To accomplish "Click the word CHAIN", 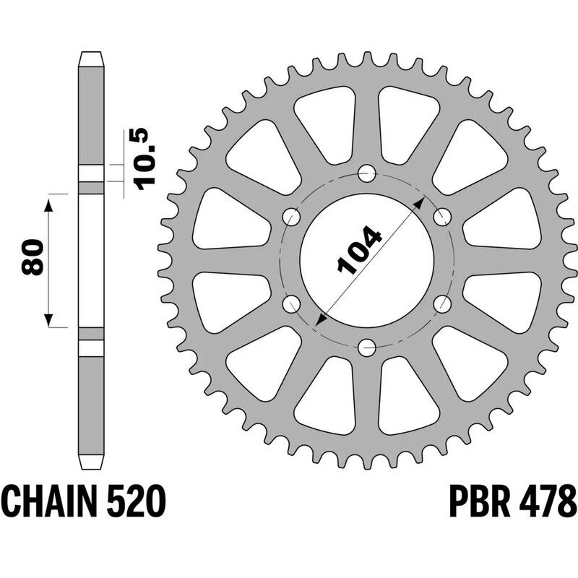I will (54, 501).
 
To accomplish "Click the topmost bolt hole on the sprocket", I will (367, 173).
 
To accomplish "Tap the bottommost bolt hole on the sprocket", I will (367, 348).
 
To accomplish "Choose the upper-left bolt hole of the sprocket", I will (292, 216).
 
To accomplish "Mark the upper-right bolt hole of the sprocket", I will (442, 216).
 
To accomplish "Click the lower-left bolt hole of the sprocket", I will (292, 304).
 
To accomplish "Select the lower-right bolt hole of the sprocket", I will (442, 304).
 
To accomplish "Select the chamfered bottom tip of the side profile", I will (90, 461).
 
